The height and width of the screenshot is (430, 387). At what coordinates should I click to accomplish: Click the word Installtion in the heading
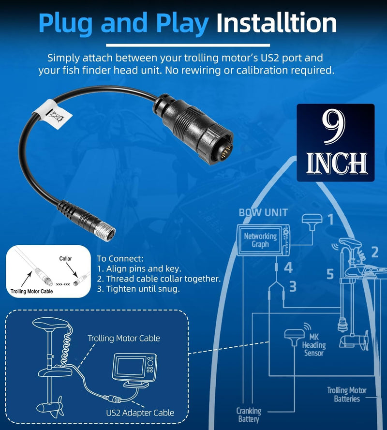point(277,23)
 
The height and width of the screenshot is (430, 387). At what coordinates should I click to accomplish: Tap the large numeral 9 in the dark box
point(333,128)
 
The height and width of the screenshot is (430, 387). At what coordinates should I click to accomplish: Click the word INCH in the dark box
point(337,163)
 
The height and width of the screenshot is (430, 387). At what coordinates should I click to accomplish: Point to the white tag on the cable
point(53,114)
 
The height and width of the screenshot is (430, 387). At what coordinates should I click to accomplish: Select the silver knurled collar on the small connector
point(106,230)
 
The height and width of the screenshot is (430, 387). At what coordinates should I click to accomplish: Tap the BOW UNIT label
point(263,212)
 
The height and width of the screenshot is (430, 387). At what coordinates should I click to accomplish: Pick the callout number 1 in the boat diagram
point(331,220)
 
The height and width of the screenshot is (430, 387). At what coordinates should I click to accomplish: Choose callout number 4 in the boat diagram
point(288,267)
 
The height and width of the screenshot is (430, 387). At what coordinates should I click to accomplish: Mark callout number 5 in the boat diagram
point(330,274)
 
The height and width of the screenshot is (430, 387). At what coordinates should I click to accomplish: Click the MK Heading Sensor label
point(314,345)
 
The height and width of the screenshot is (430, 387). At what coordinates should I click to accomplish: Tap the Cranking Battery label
point(249,415)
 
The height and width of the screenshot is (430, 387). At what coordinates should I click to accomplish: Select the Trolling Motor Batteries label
point(347,394)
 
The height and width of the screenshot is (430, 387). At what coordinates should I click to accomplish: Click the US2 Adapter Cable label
point(140,413)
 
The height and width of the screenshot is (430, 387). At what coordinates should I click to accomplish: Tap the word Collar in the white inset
point(65,258)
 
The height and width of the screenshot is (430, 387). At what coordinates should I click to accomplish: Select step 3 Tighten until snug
point(138,289)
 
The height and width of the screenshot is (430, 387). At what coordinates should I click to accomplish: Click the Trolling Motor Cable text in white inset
point(31,291)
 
